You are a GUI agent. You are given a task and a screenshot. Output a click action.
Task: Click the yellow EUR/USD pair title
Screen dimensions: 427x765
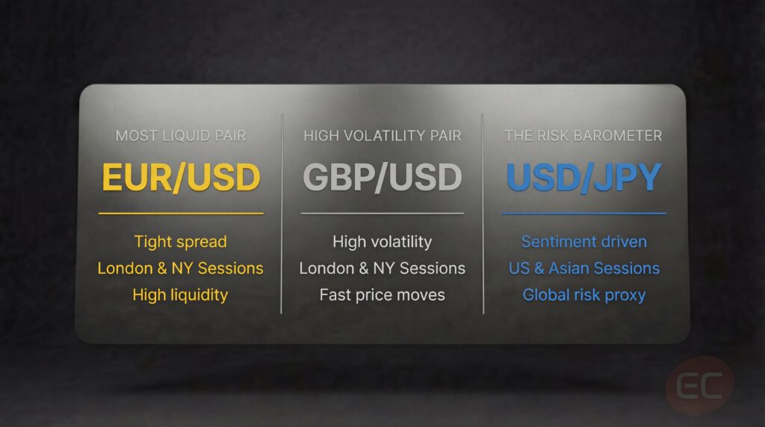pyautogui.click(x=181, y=177)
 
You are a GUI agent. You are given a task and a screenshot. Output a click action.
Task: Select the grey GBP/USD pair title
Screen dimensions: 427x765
pyautogui.click(x=382, y=177)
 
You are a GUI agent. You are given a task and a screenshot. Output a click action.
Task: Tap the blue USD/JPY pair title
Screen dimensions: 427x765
pyautogui.click(x=583, y=177)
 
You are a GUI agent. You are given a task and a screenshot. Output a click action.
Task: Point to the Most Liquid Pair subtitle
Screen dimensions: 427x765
pyautogui.click(x=181, y=136)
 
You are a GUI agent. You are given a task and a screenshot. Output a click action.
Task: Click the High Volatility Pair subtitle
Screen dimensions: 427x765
pyautogui.click(x=382, y=136)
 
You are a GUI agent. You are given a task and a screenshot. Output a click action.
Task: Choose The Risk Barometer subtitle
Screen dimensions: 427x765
pyautogui.click(x=583, y=136)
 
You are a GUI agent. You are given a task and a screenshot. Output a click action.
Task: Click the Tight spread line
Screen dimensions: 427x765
pyautogui.click(x=181, y=242)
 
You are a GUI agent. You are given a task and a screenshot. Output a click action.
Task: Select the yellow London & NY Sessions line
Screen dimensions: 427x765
pyautogui.click(x=181, y=268)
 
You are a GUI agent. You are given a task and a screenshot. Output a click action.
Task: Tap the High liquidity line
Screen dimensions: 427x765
pyautogui.click(x=181, y=295)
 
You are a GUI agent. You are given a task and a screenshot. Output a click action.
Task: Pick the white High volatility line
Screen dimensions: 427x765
pyautogui.click(x=382, y=242)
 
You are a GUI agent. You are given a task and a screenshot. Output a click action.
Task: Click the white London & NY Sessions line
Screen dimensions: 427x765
pyautogui.click(x=382, y=268)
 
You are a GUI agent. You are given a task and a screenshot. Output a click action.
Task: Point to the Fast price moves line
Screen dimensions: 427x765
pyautogui.click(x=382, y=295)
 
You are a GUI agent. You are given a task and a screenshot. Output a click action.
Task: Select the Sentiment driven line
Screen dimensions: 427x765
pyautogui.click(x=583, y=242)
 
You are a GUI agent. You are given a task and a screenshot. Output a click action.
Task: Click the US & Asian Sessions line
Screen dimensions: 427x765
pyautogui.click(x=583, y=268)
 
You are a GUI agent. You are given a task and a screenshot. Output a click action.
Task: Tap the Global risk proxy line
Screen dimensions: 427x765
pyautogui.click(x=583, y=295)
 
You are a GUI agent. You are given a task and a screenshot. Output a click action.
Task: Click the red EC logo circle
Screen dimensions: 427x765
pyautogui.click(x=699, y=385)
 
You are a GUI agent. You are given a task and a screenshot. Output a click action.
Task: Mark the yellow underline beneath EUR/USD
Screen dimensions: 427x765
pyautogui.click(x=181, y=213)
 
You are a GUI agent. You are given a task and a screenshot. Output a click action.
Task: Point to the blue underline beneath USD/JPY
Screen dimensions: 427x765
pyautogui.click(x=583, y=213)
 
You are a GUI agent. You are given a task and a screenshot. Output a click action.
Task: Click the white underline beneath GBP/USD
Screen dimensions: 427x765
pyautogui.click(x=382, y=213)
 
